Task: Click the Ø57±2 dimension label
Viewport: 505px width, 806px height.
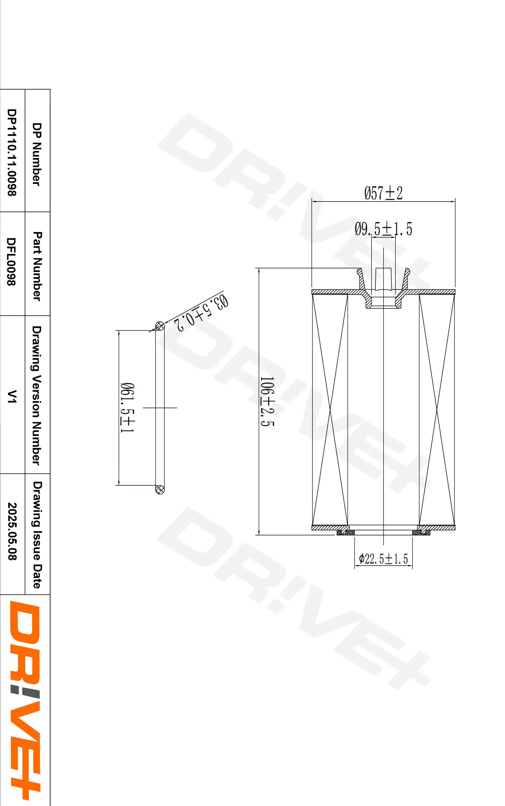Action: (x=383, y=193)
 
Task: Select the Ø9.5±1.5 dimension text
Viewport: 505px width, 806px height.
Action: (x=383, y=229)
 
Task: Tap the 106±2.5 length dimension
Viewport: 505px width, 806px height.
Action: (x=267, y=401)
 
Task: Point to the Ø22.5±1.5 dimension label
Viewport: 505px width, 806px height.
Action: (x=383, y=559)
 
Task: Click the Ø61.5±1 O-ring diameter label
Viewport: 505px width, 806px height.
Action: (x=127, y=408)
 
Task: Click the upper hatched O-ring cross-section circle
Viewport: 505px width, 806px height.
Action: (x=160, y=326)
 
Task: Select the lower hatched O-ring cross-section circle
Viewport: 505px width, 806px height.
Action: (x=160, y=490)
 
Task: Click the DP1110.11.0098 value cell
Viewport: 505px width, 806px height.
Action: (x=12, y=152)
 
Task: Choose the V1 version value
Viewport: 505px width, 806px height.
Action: (x=12, y=397)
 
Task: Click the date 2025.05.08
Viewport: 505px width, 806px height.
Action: (x=12, y=531)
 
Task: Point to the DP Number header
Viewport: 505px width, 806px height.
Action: (x=37, y=154)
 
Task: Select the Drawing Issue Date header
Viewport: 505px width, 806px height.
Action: (x=37, y=535)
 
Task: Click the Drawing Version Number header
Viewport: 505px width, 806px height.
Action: (x=37, y=396)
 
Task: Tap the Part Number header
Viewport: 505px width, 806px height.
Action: (x=37, y=266)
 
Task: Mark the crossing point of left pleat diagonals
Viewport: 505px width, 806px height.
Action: (x=330, y=410)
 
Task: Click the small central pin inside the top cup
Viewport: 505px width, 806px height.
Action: (x=383, y=279)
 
